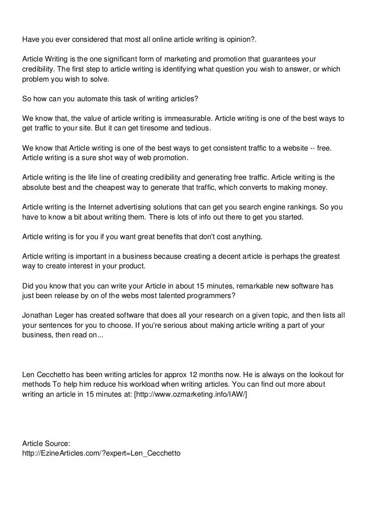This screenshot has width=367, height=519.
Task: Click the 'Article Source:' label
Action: click(x=48, y=443)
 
